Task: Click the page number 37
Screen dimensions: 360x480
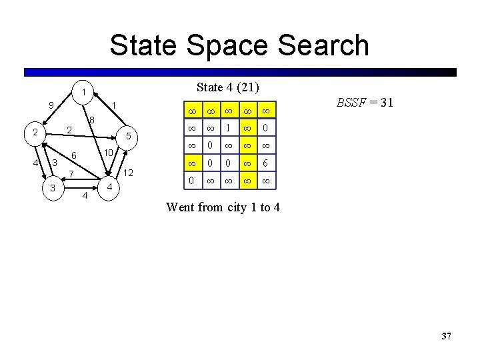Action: click(x=446, y=337)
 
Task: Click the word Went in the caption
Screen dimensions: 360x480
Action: click(x=180, y=207)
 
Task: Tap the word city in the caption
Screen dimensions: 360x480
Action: click(x=238, y=207)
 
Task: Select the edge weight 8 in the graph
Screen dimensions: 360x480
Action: click(x=92, y=121)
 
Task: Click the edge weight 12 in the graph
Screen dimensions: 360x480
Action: click(x=129, y=173)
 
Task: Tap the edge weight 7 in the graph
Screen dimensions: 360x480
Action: click(x=71, y=175)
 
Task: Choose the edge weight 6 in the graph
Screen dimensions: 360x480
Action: click(x=74, y=156)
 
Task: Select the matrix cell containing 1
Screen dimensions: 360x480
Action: click(x=228, y=128)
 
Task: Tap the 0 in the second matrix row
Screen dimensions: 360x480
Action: click(x=265, y=128)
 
